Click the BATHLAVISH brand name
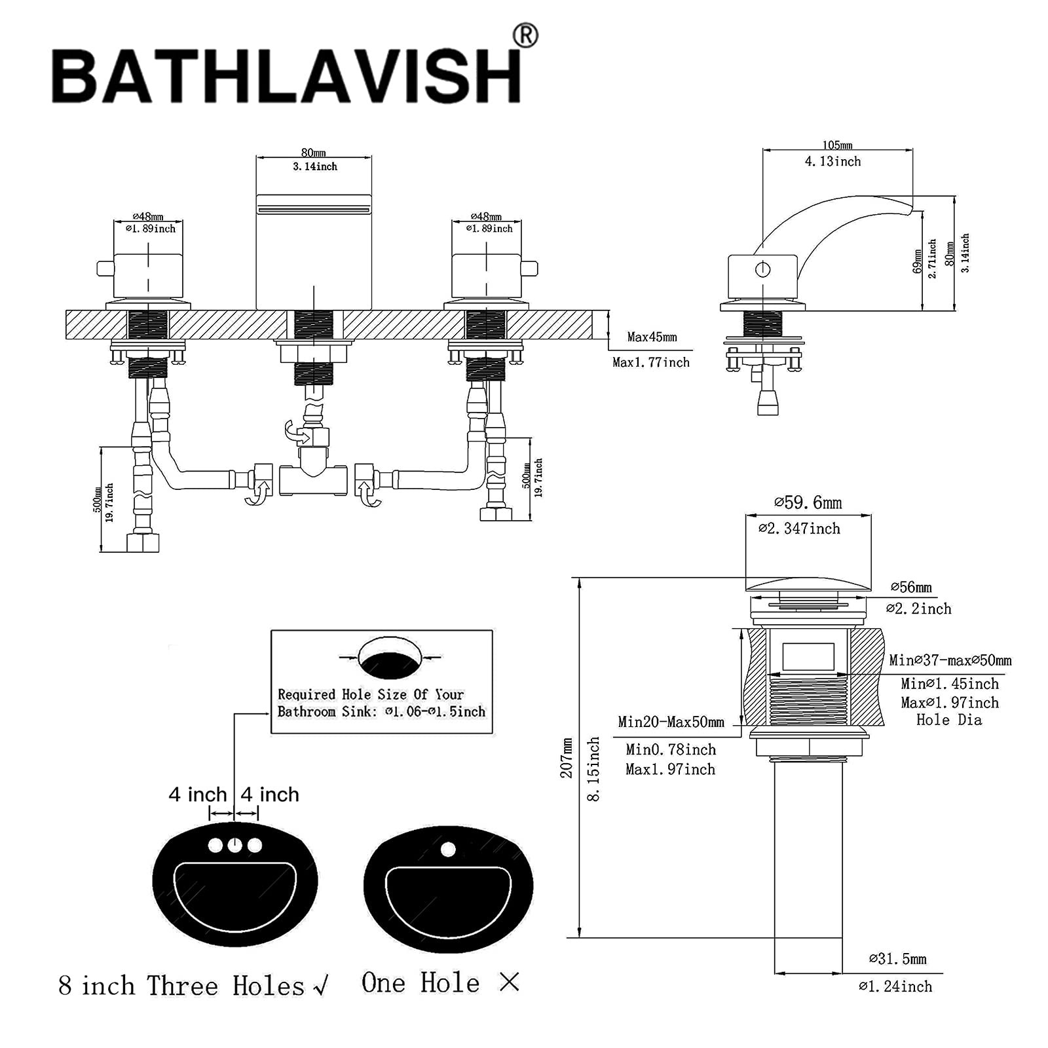tap(286, 76)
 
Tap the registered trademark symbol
tap(525, 36)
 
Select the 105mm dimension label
tap(837, 145)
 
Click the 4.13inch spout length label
tap(833, 161)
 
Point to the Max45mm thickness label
tap(652, 337)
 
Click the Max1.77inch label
tap(650, 362)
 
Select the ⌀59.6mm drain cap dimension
tap(808, 503)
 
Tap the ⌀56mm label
tap(911, 588)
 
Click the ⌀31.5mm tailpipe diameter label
tap(897, 960)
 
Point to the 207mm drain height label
tap(567, 758)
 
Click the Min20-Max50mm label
tap(671, 722)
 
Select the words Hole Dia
tap(948, 720)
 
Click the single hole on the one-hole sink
tap(448, 850)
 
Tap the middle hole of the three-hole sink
tap(234, 846)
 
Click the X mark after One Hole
tap(509, 982)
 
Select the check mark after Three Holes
tap(321, 986)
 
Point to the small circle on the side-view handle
tap(762, 269)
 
